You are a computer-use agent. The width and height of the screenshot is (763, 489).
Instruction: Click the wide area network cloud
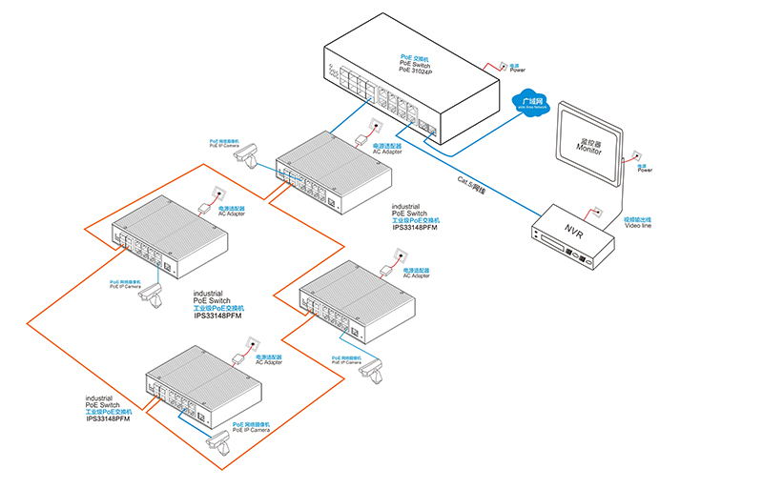(x=532, y=102)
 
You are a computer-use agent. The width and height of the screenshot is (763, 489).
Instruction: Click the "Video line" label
(x=638, y=226)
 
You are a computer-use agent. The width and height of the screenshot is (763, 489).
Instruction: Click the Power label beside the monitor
(x=645, y=171)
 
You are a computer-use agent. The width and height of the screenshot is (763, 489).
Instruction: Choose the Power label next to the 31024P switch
(x=517, y=70)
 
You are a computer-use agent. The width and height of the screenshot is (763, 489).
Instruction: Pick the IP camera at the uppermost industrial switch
(x=249, y=152)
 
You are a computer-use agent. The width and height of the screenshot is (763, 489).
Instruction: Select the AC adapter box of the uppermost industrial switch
(x=362, y=140)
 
